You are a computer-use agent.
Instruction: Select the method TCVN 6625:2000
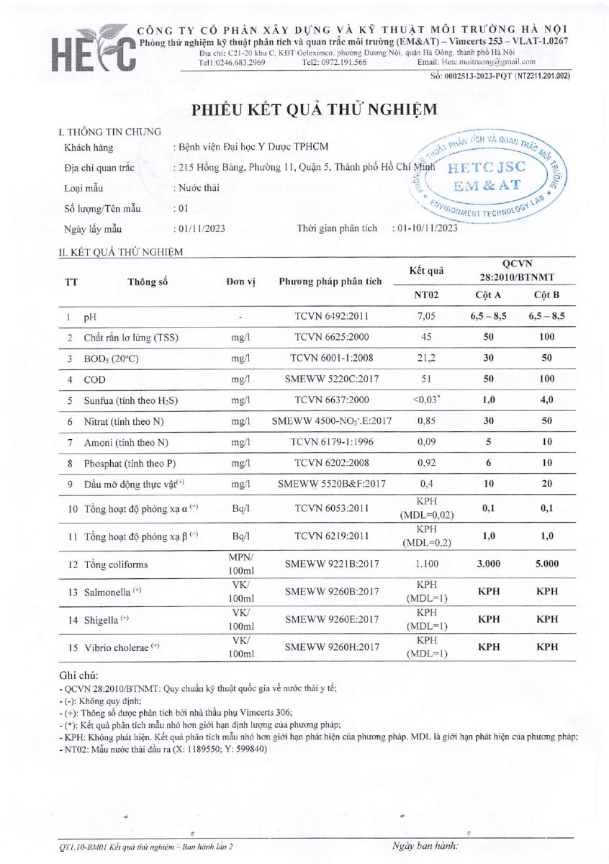[x=330, y=337]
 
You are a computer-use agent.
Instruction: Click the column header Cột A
[x=489, y=295]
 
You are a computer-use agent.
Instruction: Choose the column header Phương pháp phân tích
[x=330, y=282]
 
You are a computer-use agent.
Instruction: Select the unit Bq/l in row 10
[x=240, y=509]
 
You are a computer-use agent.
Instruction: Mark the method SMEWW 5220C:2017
[x=330, y=379]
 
